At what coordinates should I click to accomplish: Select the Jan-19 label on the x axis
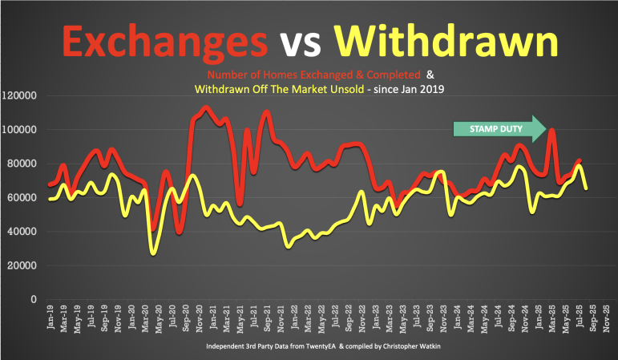pyautogui.click(x=50, y=321)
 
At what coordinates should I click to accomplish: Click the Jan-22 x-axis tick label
pyautogui.click(x=294, y=321)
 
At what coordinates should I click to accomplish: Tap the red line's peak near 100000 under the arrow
pyautogui.click(x=552, y=131)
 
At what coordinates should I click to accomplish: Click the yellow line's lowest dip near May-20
pyautogui.click(x=152, y=253)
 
